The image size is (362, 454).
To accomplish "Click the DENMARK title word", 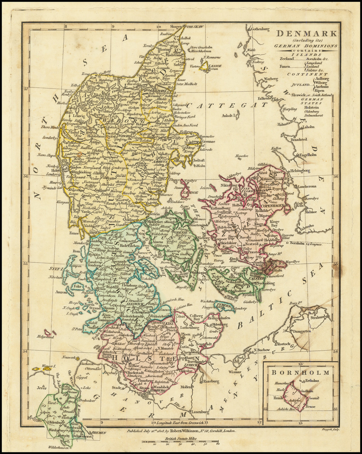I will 306,34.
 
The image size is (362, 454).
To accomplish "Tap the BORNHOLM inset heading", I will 300,372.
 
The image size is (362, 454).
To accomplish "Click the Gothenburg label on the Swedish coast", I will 260,29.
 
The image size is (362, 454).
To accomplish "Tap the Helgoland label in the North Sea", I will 45,337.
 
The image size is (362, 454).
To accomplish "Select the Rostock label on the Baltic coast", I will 284,343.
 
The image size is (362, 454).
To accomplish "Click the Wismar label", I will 235,372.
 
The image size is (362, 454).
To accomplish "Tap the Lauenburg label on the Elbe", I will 198,412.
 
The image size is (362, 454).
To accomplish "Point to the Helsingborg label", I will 300,171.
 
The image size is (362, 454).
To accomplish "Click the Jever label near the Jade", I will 42,388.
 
